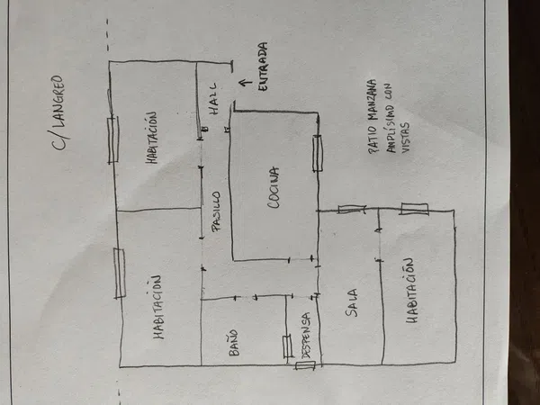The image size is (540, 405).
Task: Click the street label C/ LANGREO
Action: tap(58, 112)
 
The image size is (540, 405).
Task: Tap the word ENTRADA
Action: tap(263, 67)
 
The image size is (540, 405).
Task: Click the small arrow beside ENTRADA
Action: tap(246, 84)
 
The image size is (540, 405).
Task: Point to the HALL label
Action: tap(213, 98)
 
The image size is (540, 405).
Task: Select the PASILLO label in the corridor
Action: tap(216, 211)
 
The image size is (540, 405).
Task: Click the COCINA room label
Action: tap(274, 187)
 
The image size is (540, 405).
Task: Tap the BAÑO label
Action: tap(233, 342)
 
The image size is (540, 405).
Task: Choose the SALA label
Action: tap(352, 302)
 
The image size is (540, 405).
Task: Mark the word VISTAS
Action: tap(405, 137)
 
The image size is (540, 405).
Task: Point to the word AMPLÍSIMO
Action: tap(389, 118)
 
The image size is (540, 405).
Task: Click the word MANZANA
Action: tap(372, 100)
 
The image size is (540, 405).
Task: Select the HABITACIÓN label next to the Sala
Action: tap(412, 290)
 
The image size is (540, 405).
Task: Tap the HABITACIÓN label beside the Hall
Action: tap(151, 137)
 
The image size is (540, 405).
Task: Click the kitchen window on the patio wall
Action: tap(318, 153)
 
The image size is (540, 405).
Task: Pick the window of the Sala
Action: tap(351, 209)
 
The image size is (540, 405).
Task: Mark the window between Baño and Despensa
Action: tap(287, 346)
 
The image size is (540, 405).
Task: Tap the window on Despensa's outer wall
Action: tap(305, 365)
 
